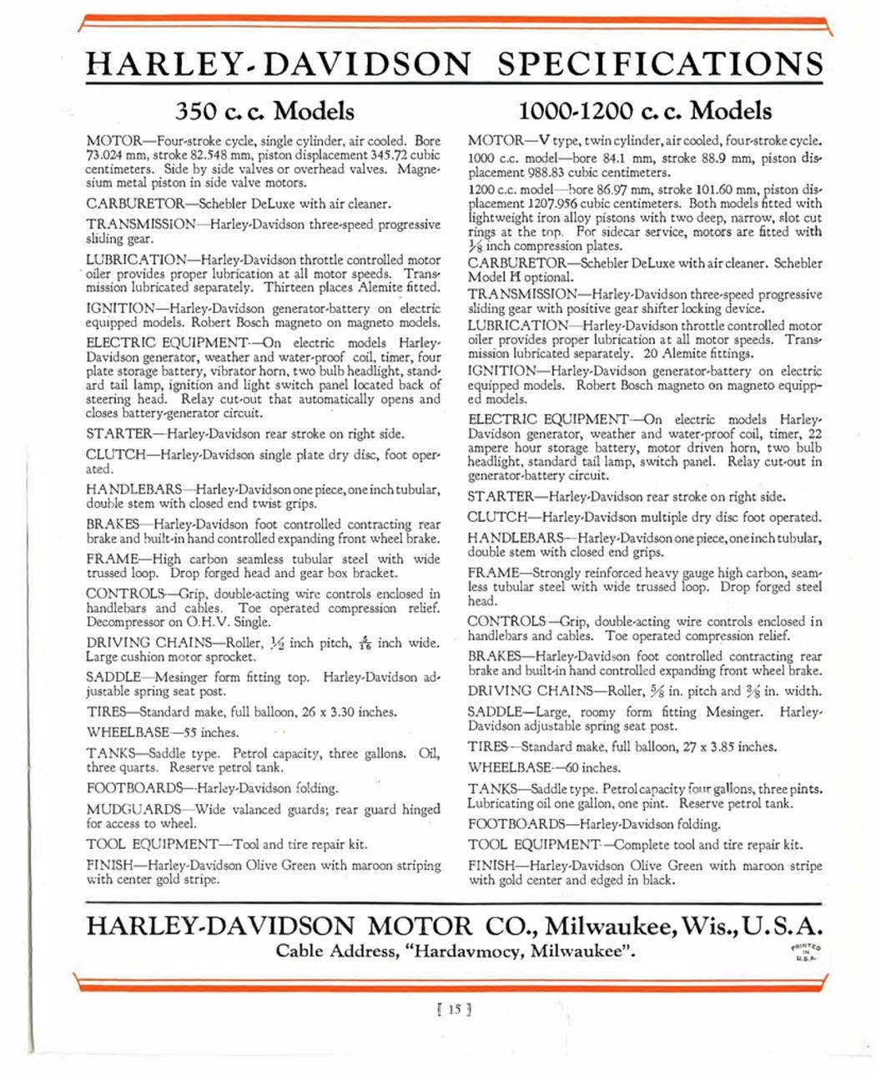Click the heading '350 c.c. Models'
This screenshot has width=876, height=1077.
(264, 111)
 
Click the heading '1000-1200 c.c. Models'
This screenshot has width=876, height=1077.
(645, 111)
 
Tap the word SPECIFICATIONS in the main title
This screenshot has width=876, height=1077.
(660, 64)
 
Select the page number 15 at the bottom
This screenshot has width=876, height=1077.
(455, 1009)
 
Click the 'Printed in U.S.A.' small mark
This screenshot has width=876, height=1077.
(805, 952)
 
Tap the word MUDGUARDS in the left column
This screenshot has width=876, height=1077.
(133, 809)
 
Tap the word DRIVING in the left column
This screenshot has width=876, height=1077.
(117, 643)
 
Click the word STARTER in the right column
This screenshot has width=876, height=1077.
(501, 497)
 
